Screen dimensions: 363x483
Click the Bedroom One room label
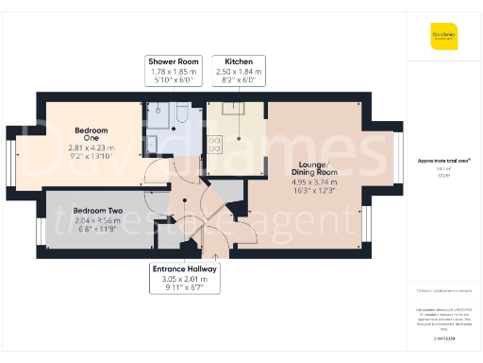click(92, 134)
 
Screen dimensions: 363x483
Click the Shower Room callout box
click(174, 71)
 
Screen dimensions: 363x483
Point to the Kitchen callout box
click(238, 71)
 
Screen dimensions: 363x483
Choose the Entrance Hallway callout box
click(185, 278)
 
